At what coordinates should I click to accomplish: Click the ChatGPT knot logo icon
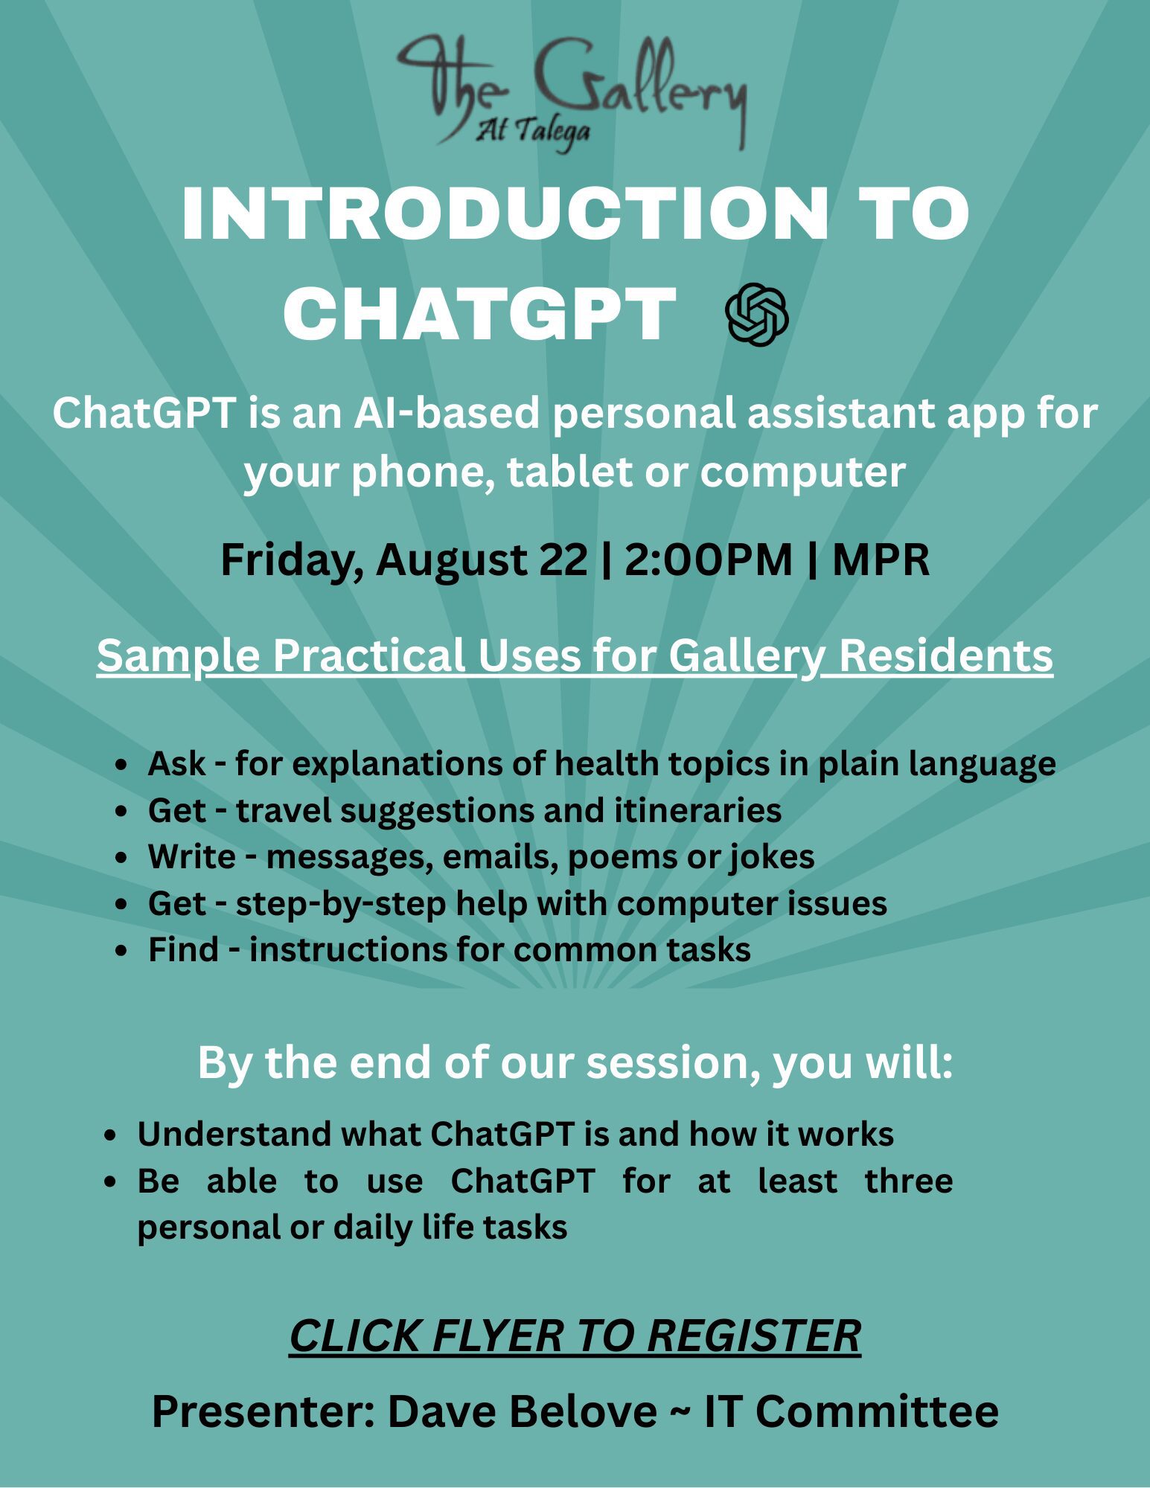[757, 315]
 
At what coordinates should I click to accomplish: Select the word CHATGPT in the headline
[479, 314]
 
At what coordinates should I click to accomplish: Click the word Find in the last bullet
[183, 950]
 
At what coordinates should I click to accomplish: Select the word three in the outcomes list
[909, 1181]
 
